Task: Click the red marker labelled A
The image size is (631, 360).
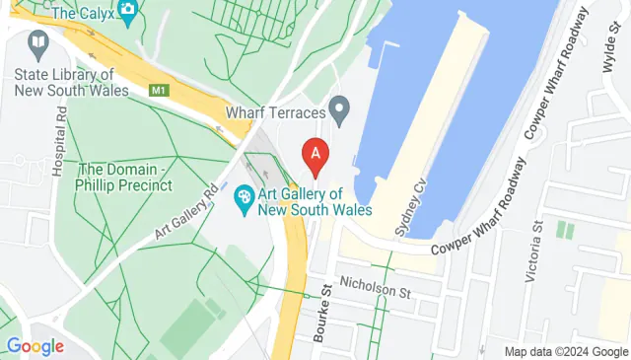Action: pos(315,155)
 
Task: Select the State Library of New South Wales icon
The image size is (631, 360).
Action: pos(36,43)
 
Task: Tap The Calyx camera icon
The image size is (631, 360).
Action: pos(127,10)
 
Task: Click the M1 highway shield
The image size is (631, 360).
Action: pos(159,90)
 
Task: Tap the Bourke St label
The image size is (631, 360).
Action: pos(321,311)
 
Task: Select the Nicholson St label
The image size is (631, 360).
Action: pos(374,288)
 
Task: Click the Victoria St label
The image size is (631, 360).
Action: pos(537,252)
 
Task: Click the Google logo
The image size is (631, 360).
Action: pos(35,346)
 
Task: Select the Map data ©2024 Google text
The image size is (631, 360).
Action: pos(566,351)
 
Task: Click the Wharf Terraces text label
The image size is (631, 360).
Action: pos(276,113)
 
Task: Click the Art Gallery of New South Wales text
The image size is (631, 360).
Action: pos(315,201)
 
